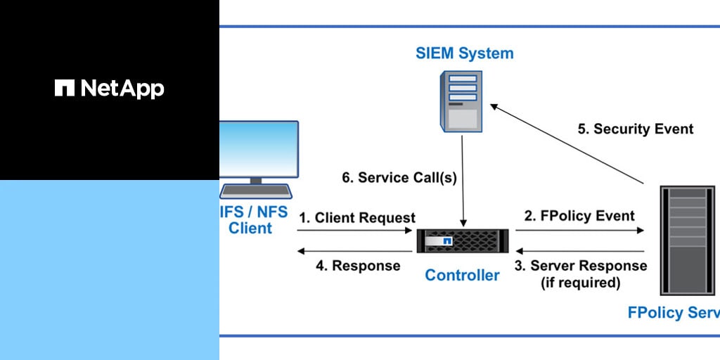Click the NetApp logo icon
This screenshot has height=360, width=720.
click(64, 88)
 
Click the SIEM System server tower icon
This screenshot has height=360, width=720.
click(461, 101)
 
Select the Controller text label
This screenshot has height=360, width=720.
click(462, 275)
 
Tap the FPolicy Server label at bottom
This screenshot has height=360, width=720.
click(674, 312)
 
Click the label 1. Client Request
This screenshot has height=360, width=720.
click(357, 218)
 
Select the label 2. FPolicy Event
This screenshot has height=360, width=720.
click(579, 216)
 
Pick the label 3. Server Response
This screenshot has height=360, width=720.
click(581, 266)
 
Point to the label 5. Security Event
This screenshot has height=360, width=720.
click(636, 129)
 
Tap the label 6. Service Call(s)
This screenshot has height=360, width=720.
click(399, 178)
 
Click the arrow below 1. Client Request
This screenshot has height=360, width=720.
click(356, 231)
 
